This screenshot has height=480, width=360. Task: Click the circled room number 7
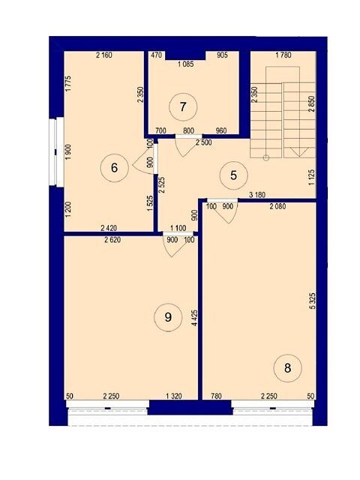183,107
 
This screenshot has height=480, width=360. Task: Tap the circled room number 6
115,168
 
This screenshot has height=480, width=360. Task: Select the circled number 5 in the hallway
234,175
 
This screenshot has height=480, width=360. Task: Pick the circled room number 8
288,368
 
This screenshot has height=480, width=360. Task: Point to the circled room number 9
168,317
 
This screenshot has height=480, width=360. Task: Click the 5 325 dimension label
312,301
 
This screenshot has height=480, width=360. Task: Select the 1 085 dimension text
185,64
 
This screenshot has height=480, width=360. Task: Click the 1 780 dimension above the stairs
283,55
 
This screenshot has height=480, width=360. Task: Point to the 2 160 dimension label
104,55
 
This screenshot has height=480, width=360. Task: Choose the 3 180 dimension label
257,195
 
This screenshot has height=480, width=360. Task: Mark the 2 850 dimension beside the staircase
312,104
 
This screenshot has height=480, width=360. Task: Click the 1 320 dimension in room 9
174,396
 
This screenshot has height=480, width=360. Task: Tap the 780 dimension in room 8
216,396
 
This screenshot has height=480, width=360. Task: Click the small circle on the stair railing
266,158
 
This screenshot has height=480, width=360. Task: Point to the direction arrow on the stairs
298,151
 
